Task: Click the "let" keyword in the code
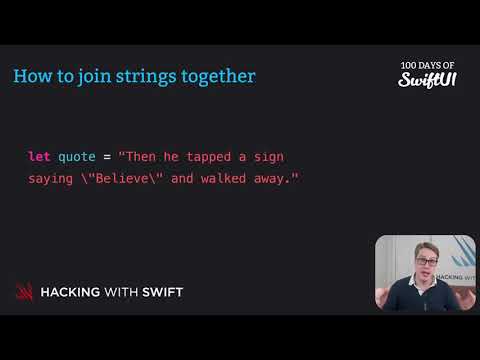(40, 157)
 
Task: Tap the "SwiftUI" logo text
(421, 79)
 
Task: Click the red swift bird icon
(24, 292)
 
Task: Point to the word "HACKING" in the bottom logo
(75, 292)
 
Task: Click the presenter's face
(420, 265)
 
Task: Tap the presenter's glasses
(420, 262)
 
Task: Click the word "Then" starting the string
(139, 157)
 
